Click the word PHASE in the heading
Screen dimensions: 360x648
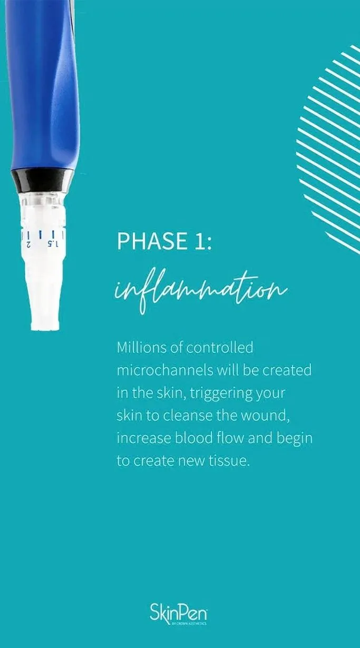coord(151,241)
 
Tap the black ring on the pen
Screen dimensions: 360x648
coord(42,181)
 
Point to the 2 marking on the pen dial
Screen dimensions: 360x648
coord(28,244)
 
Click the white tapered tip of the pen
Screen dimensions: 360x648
coord(44,292)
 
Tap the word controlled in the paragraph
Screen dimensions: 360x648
coord(220,347)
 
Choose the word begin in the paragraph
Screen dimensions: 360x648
coord(295,439)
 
